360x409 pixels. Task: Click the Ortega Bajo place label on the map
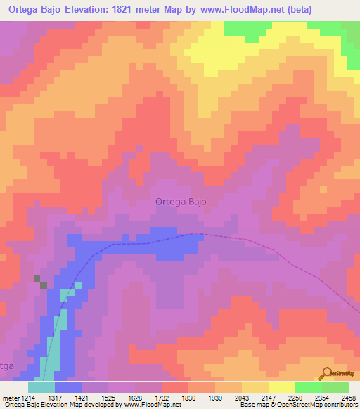(x=181, y=202)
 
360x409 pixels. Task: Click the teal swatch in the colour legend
(x=41, y=387)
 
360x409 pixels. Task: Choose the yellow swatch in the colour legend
(x=281, y=387)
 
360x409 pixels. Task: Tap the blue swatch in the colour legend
(x=68, y=387)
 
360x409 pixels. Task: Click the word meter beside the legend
(x=9, y=398)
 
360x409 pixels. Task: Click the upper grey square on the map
(x=37, y=278)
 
